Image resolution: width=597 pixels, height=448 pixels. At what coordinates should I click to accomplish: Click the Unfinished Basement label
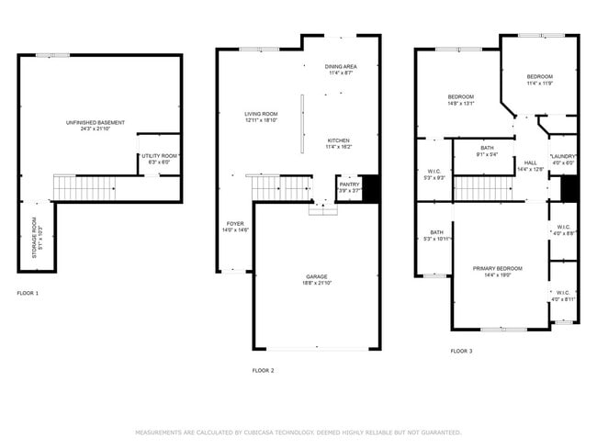point(95,123)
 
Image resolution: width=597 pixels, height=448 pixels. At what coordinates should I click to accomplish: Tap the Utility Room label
point(160,156)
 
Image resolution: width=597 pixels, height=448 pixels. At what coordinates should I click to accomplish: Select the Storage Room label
point(36,237)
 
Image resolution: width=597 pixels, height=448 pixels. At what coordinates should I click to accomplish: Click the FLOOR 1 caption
point(28,293)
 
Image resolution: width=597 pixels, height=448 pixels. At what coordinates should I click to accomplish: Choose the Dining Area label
point(341,67)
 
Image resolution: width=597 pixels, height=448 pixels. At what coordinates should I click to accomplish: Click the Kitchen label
point(339,140)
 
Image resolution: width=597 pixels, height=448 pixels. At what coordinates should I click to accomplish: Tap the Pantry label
point(349,185)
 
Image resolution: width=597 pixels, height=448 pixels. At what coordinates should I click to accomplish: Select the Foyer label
point(235,224)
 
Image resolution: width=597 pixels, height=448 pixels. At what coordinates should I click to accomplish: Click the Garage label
point(317,276)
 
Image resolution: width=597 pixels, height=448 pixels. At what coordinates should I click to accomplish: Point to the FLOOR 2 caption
point(263,370)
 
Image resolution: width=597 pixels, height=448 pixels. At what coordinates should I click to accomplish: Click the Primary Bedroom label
point(497,269)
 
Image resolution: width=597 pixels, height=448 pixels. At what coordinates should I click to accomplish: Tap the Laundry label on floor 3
point(562,157)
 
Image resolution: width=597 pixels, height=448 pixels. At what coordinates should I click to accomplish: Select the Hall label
point(530,163)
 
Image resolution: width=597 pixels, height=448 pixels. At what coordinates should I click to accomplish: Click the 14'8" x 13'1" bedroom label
point(460,97)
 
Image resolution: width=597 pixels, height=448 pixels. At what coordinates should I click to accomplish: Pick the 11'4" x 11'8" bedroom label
point(539,76)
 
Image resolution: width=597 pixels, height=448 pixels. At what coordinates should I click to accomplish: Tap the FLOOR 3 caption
point(461,351)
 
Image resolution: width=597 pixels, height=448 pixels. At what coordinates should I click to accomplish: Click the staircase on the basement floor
point(70,188)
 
